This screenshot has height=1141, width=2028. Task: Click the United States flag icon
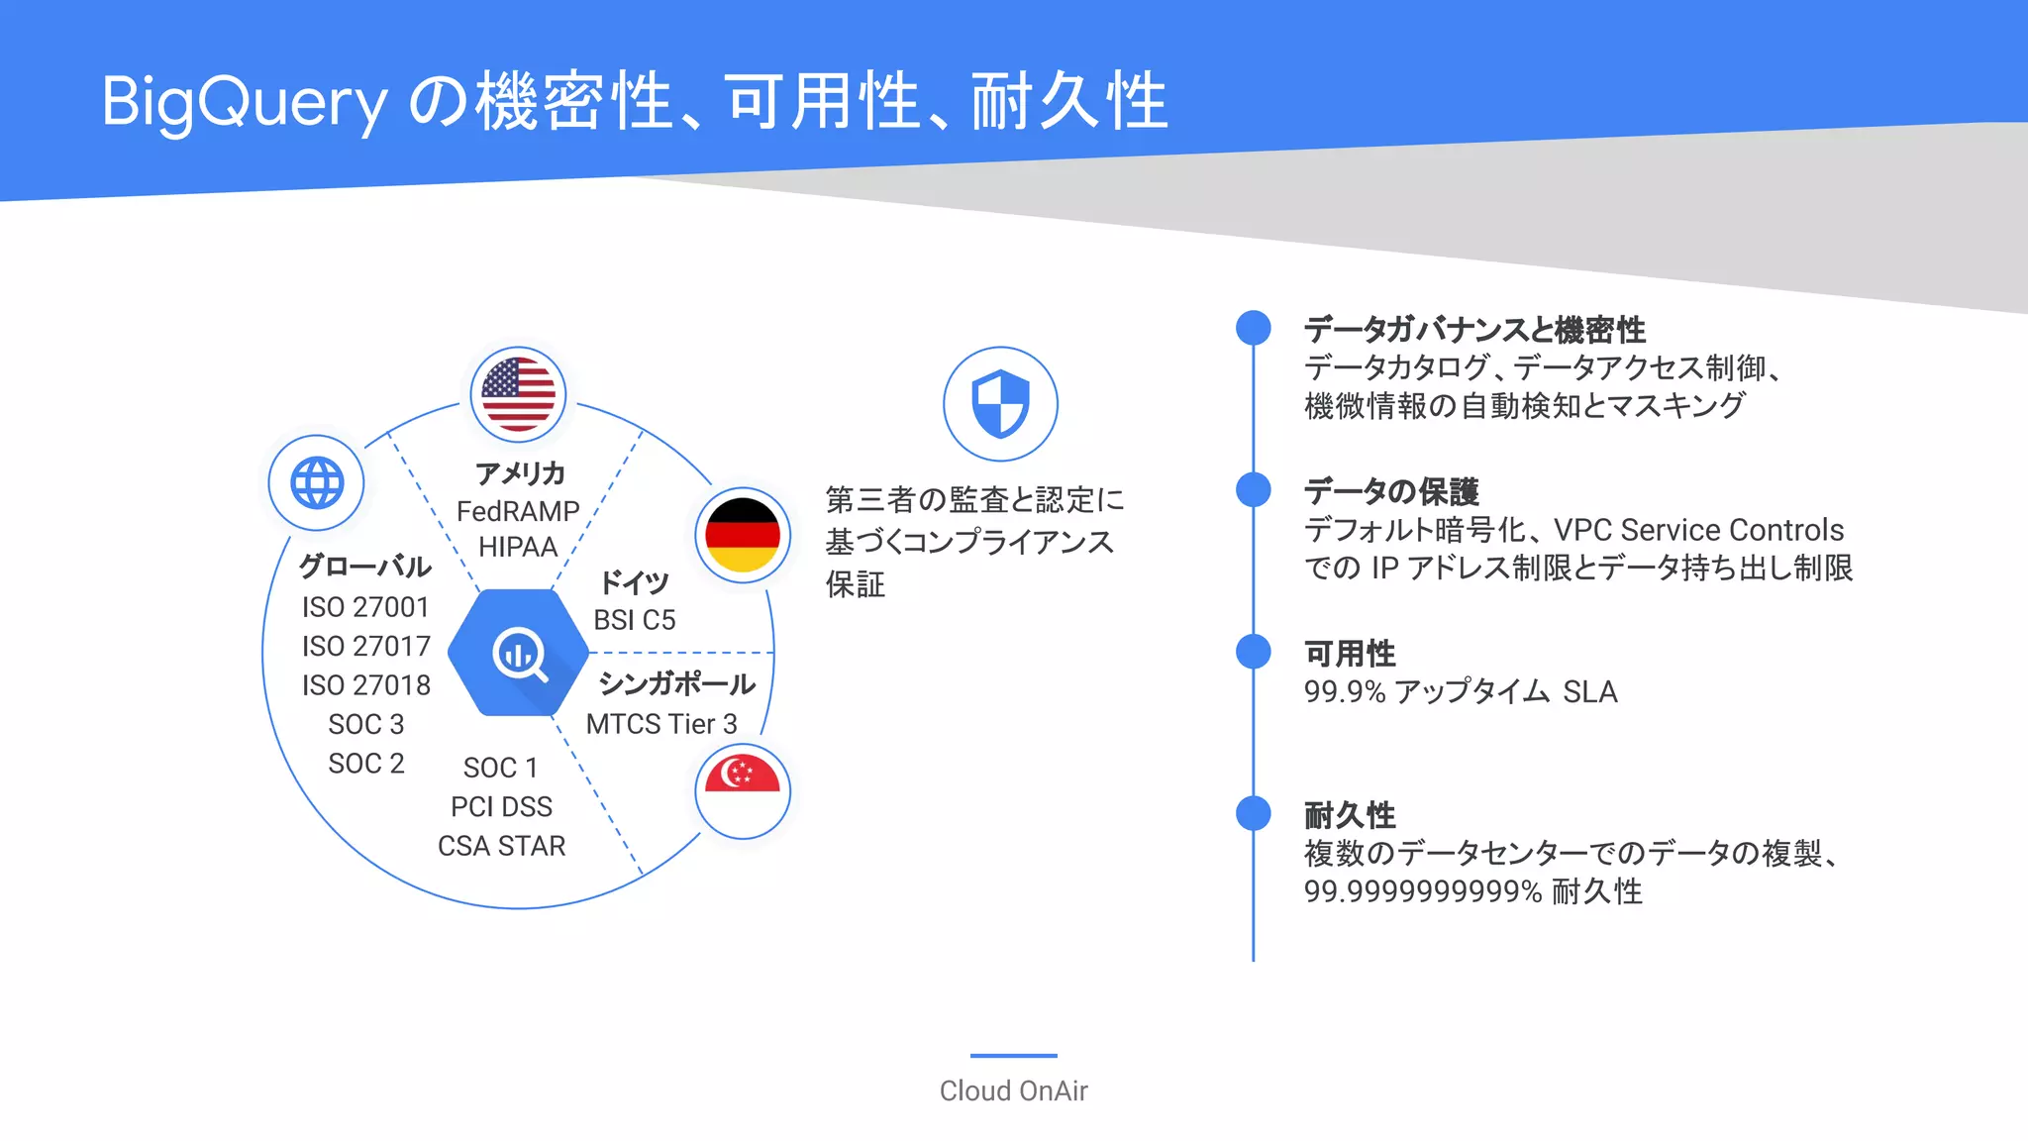[x=518, y=394]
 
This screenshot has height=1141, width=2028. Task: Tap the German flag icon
[x=743, y=535]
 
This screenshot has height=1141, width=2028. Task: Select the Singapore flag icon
[x=743, y=790]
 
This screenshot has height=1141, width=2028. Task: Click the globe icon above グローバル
[x=317, y=483]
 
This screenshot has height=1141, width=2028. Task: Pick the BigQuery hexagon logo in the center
[x=518, y=653]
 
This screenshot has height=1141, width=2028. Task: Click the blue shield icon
[x=1000, y=403]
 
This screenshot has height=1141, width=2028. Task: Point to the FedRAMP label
[x=518, y=511]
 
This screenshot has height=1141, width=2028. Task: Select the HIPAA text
[x=518, y=547]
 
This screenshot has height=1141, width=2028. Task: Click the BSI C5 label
[x=635, y=620]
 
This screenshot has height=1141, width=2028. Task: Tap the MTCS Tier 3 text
[x=661, y=724]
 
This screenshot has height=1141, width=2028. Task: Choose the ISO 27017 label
[x=366, y=646]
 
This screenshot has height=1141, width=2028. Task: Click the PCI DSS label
[x=501, y=807]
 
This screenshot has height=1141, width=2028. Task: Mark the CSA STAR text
[x=501, y=846]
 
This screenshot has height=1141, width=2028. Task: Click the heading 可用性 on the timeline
[x=1350, y=654]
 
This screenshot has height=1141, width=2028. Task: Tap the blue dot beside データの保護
[x=1254, y=489]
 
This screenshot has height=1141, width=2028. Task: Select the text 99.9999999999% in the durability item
[x=1423, y=891]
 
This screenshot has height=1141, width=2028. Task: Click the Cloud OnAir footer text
[x=1013, y=1090]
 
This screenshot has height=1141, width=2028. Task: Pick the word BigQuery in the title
[x=245, y=102]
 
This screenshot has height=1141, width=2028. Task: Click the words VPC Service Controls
[x=1698, y=530]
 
